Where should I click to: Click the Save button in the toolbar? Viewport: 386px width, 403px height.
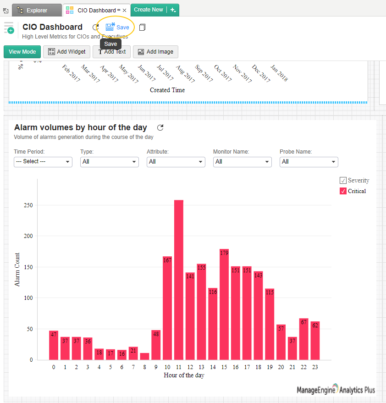point(117,28)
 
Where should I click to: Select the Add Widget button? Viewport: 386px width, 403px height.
point(67,52)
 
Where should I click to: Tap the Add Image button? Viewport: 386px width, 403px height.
point(155,52)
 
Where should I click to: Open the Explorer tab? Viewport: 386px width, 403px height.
point(37,10)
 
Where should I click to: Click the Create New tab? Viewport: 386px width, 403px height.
point(149,10)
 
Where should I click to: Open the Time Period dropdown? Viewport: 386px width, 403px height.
point(43,162)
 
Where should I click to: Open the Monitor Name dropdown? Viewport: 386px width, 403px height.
point(243,162)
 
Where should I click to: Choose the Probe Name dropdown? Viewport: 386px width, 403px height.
point(309,162)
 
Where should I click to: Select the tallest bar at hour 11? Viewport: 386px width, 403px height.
point(179,280)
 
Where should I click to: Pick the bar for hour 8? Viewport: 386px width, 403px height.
point(144,356)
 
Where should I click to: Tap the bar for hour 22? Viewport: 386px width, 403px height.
point(303,339)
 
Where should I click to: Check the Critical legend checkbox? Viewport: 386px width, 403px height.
point(343,191)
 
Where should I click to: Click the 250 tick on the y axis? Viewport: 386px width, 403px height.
point(28,205)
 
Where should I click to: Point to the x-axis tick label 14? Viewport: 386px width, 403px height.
point(213,367)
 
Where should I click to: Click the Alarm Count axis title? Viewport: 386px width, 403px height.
point(17,270)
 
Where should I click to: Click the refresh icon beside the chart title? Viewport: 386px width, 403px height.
point(160,128)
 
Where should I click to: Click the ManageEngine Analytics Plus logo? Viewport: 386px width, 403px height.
point(336,390)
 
